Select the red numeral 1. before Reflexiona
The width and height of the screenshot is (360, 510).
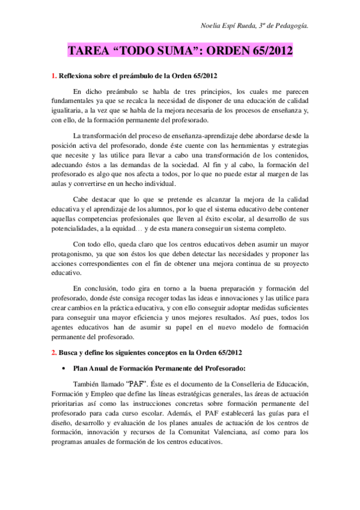pyautogui.click(x=53, y=75)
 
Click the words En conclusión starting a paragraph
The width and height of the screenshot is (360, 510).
pyautogui.click(x=93, y=288)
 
